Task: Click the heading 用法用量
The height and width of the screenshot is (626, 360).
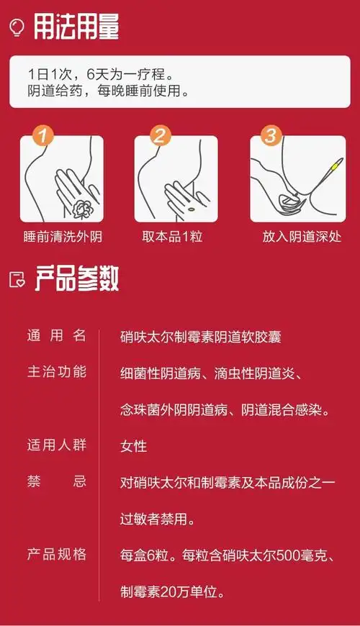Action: click(76, 27)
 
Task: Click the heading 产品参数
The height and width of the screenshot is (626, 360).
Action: click(76, 279)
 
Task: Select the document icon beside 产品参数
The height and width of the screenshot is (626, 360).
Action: click(17, 280)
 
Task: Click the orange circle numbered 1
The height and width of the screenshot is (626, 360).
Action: click(43, 136)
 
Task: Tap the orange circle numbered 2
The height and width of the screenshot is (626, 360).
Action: click(160, 136)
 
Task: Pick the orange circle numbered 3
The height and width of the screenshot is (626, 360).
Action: click(270, 136)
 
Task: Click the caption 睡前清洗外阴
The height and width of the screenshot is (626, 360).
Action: click(63, 237)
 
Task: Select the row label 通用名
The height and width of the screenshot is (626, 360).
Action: click(57, 335)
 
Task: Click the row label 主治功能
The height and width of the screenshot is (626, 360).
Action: click(57, 372)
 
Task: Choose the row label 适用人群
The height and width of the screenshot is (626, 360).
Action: click(57, 445)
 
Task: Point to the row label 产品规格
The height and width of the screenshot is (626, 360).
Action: click(57, 554)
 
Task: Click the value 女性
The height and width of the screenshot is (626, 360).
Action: click(133, 445)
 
